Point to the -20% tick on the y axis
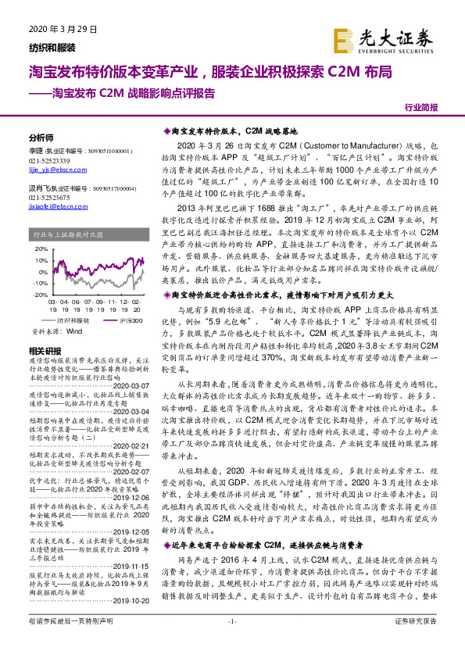point(35,295)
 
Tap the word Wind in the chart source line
point(74,331)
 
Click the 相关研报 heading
point(44,349)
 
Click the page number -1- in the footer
point(232,642)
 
